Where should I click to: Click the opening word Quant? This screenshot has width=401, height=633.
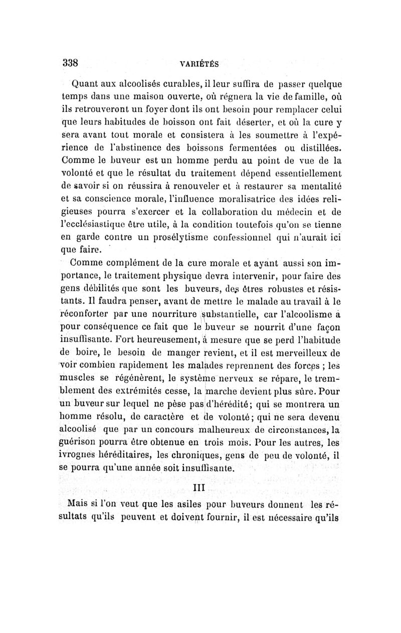click(86, 84)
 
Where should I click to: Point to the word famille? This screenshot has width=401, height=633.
click(296, 97)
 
